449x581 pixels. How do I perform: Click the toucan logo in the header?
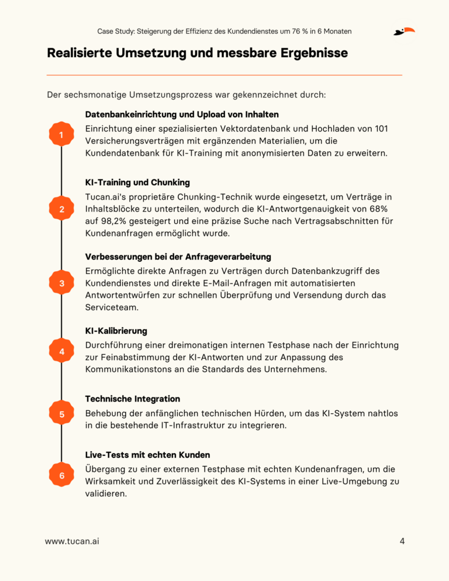404,31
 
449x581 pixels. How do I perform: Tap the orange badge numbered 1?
61,136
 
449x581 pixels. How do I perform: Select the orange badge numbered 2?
61,209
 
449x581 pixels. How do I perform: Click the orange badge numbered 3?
61,283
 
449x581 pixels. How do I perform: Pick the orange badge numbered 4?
61,351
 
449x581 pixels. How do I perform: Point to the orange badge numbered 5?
61,414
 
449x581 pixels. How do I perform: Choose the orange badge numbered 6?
61,476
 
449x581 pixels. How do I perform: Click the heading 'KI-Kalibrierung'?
116,331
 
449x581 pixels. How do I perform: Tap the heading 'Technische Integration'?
132,399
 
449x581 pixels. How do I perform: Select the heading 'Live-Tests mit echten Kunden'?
147,455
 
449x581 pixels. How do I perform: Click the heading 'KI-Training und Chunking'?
137,182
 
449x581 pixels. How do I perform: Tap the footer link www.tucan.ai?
72,541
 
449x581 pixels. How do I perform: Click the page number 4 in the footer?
402,541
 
